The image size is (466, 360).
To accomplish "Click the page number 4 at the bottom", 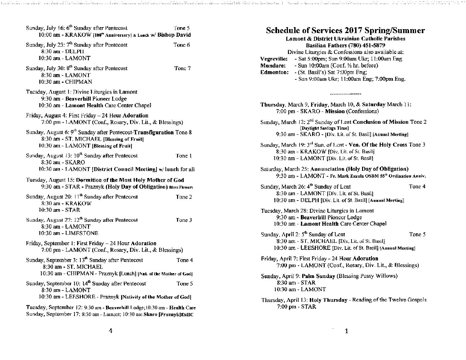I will coord(111,331).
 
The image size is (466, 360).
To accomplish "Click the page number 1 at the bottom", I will coord(346,331).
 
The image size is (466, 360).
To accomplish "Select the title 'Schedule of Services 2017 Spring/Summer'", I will coord(345,30).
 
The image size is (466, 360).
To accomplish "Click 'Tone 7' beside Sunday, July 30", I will coord(182,68).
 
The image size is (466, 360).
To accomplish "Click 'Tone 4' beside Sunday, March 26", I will coord(417,187).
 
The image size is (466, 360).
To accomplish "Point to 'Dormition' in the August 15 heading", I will coord(89,180).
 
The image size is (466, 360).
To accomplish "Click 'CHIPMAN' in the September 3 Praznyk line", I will coord(80,274).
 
